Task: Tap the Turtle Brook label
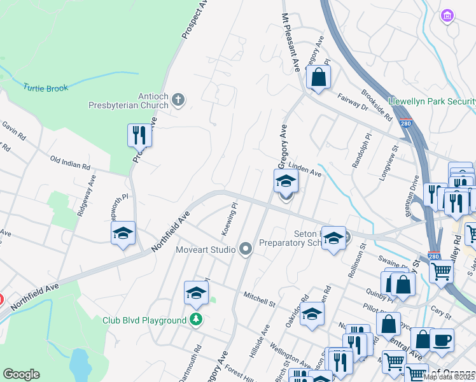tap(45, 88)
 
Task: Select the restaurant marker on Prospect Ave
tap(139, 135)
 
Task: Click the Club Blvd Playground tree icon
tap(197, 320)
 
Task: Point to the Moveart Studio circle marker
tap(246, 250)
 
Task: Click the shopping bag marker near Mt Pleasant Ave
tap(318, 78)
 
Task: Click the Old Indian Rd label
tap(70, 164)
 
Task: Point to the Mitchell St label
tap(259, 299)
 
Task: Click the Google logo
tap(22, 374)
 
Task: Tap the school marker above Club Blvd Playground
tap(197, 293)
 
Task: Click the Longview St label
tap(389, 162)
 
